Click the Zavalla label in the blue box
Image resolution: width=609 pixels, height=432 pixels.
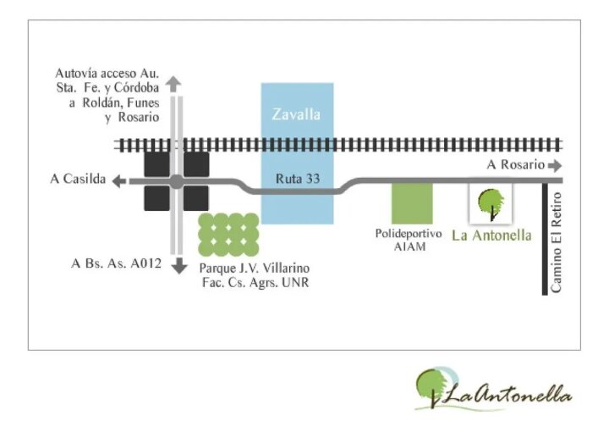point(296,114)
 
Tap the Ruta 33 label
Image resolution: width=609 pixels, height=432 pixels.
point(298,179)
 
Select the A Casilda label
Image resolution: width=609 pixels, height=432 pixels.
point(78,179)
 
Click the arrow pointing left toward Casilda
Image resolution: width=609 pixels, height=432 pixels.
point(119,180)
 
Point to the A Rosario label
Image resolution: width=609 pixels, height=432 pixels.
point(515,164)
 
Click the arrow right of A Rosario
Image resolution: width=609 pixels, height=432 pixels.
point(555,166)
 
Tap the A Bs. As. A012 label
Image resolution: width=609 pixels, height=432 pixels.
point(116,263)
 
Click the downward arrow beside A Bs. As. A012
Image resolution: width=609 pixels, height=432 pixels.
point(179,265)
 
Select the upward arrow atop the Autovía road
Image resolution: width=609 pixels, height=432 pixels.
point(173,84)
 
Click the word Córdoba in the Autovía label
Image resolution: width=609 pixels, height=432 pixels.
point(136,88)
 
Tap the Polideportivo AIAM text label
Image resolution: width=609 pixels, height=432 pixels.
point(409,240)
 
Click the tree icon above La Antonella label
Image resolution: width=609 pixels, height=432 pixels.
point(491,204)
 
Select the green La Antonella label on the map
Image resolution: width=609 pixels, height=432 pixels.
point(491,235)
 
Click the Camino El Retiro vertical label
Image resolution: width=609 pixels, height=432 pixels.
point(556,242)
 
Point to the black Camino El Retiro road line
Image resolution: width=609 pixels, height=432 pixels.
point(545,239)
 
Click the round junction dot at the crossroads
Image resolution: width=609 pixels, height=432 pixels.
point(177,181)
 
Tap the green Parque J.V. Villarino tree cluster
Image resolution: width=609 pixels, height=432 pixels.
point(228,235)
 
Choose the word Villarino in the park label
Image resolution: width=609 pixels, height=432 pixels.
point(286,268)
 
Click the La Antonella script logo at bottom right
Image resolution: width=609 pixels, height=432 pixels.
point(493,390)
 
